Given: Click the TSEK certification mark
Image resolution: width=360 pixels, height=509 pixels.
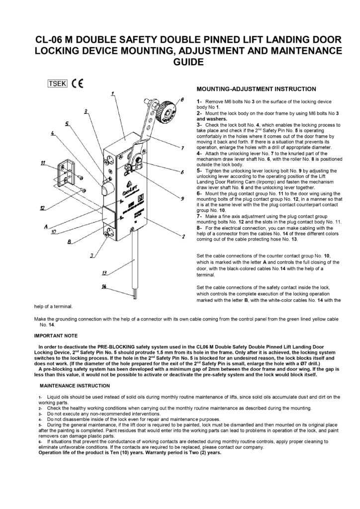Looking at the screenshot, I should [57, 84].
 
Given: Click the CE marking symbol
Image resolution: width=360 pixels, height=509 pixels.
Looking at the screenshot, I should [77, 84].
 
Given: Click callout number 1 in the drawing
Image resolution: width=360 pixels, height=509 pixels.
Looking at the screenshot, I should [113, 93].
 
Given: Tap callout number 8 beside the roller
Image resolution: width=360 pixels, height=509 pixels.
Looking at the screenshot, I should [182, 100].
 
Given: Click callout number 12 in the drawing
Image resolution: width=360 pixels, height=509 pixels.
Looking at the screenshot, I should [44, 208].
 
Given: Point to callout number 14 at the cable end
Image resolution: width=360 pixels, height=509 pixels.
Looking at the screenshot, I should [104, 286].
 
